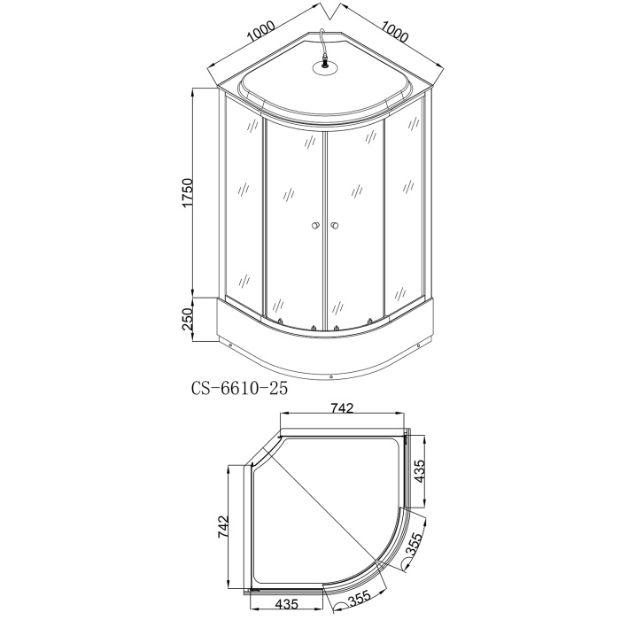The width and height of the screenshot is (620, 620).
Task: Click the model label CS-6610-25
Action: click(239, 389)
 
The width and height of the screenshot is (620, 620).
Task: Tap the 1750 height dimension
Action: click(187, 192)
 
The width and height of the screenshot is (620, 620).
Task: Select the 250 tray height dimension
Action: click(187, 319)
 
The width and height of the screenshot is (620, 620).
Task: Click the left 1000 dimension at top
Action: click(261, 32)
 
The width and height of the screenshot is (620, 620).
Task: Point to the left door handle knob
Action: click(315, 226)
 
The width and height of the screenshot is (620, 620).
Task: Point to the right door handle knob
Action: click(335, 226)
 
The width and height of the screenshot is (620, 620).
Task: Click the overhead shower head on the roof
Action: click(324, 67)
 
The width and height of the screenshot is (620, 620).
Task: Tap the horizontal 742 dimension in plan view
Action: click(342, 407)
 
